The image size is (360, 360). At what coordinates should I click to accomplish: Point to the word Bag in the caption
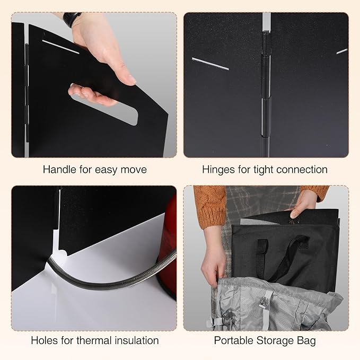306,341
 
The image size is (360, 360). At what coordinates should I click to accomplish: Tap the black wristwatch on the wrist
72,18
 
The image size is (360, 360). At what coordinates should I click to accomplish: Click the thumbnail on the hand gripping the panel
131,80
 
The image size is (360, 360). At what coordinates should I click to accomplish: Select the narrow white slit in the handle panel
60,47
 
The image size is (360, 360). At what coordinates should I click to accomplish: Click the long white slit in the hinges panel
210,64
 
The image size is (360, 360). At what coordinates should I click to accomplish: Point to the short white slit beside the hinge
342,51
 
